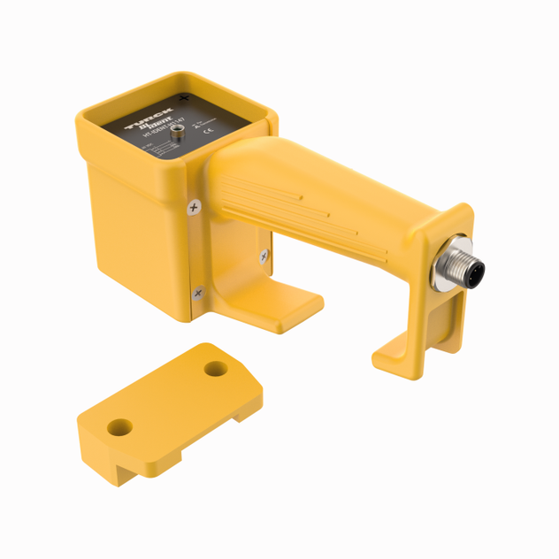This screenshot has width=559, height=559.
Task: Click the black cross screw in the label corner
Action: point(184,97)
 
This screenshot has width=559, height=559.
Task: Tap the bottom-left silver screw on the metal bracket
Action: point(197,291)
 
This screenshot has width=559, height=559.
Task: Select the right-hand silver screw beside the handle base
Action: point(264,257)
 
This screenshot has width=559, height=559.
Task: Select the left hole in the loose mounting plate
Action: point(119,428)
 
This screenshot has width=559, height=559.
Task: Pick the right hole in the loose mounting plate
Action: point(216,368)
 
